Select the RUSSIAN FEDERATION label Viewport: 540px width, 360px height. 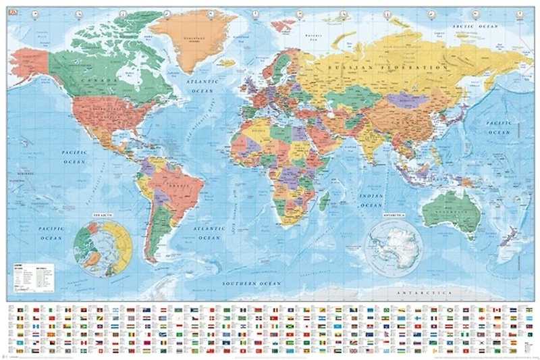(x=386, y=68)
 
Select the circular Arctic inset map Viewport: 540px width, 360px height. (x=103, y=247)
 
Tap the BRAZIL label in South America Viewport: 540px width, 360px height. (x=179, y=184)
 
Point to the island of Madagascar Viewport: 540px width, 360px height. (x=325, y=201)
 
